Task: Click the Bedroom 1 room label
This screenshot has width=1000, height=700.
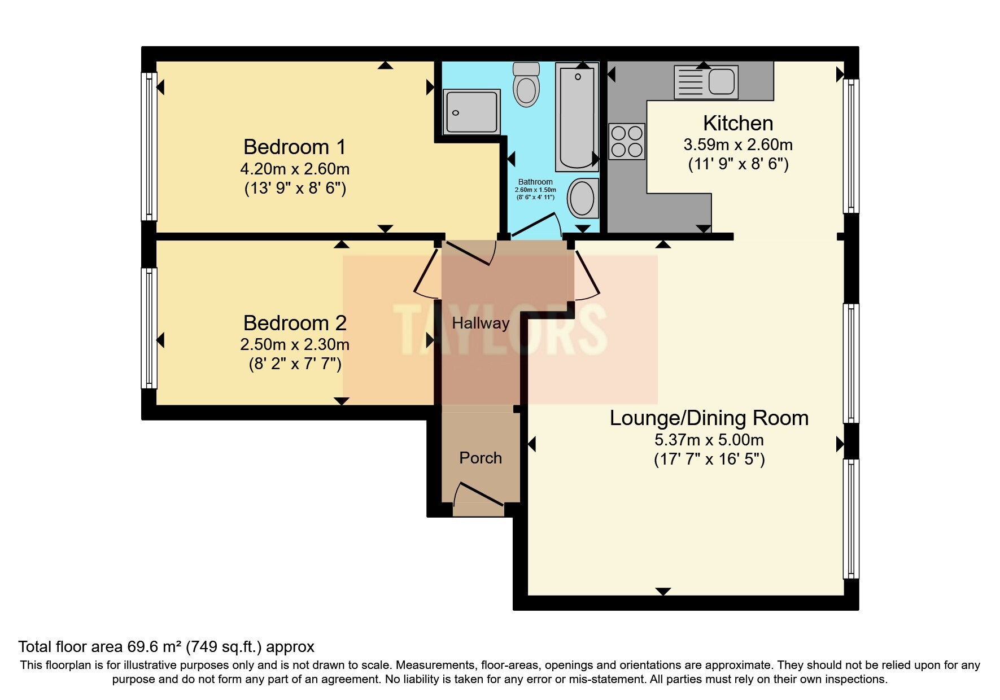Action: click(294, 147)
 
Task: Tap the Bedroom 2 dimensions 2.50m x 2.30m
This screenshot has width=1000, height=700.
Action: click(294, 344)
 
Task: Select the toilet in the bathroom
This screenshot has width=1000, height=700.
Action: click(526, 85)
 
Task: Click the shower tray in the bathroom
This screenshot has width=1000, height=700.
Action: click(471, 111)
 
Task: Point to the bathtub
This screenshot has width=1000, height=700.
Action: click(577, 117)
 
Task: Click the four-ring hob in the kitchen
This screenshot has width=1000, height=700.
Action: click(627, 141)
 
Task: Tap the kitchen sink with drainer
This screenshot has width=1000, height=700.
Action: click(705, 81)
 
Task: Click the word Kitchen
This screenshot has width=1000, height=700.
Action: click(737, 123)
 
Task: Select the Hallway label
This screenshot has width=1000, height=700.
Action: click(481, 323)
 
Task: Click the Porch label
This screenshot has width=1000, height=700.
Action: click(481, 458)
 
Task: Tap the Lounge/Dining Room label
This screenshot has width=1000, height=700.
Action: click(709, 418)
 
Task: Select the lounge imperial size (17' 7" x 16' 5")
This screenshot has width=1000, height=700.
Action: click(709, 460)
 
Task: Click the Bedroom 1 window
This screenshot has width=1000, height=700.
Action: click(149, 147)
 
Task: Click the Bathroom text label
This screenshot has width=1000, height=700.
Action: click(535, 182)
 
